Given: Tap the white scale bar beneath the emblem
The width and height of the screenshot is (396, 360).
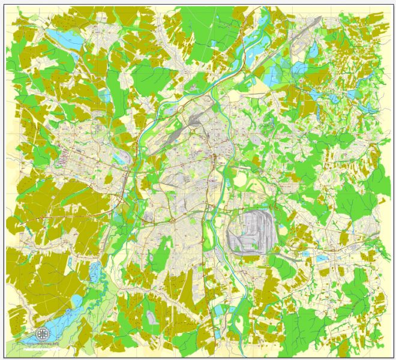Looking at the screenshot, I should tap(42, 346).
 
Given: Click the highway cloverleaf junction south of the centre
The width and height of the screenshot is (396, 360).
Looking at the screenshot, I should tap(172, 220).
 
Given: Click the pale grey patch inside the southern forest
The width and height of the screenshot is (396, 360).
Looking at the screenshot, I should tap(153, 316).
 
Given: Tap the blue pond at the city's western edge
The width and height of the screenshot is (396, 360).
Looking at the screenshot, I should tap(119, 157).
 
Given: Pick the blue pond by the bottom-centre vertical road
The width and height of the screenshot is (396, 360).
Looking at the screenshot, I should tap(218, 309).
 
